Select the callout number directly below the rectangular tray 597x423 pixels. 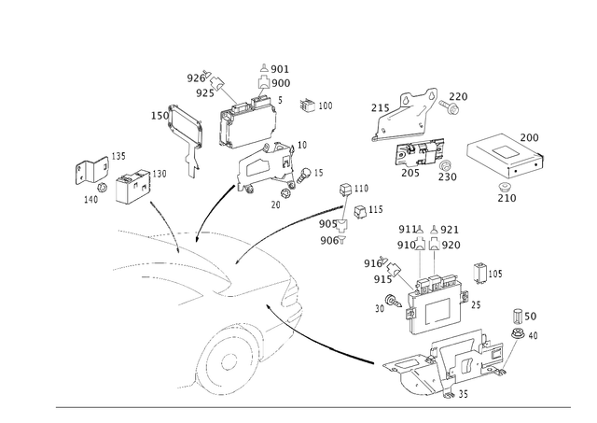[x=507, y=197]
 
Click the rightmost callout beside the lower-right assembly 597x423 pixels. [x=524, y=315]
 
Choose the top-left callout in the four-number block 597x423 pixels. [x=407, y=228]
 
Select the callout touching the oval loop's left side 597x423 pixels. [x=156, y=116]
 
